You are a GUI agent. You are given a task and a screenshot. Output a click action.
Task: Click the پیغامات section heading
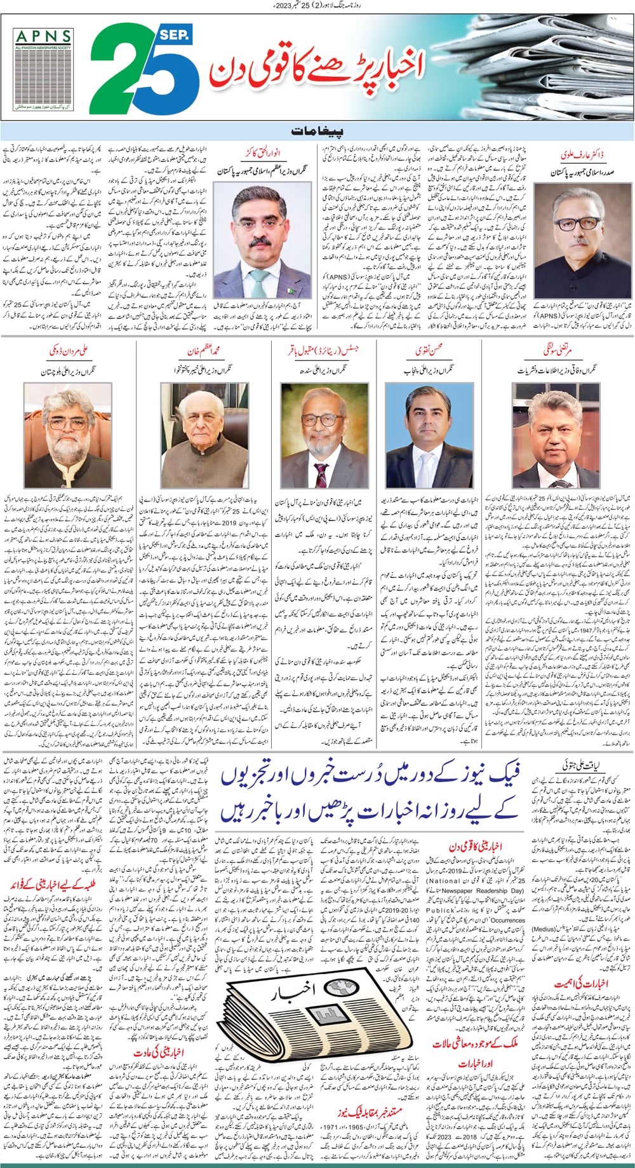coord(317,132)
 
